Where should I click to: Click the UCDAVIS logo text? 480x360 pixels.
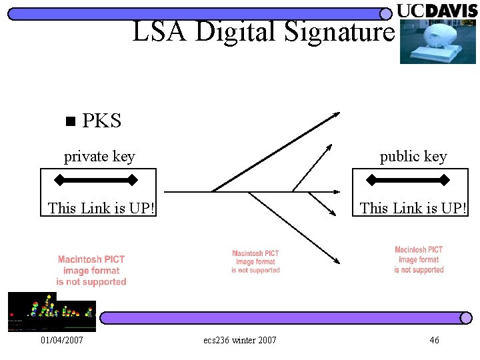coord(437,11)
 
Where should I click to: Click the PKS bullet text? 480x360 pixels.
coord(102,121)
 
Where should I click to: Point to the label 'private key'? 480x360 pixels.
coord(99,157)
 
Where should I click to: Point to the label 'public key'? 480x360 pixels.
coord(413,157)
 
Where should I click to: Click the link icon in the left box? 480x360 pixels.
coord(96,179)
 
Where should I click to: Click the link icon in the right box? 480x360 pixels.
coord(408,179)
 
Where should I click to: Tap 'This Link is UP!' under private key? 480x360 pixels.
coord(101,208)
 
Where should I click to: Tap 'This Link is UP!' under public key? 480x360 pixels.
coord(413,208)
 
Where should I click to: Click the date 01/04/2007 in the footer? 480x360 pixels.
coord(62,341)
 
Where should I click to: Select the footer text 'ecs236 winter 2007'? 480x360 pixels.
coord(240,341)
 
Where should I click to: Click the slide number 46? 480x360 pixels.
coord(434,341)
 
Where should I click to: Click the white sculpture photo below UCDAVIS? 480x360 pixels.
coord(437,41)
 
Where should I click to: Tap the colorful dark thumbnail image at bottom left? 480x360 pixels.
coord(51,312)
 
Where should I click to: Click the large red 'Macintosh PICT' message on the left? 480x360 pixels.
coord(91,271)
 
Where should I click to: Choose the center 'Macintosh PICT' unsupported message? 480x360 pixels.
coord(255,262)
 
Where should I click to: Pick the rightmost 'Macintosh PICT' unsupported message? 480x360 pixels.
coord(419,260)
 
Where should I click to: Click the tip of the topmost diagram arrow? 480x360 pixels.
coord(339,113)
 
